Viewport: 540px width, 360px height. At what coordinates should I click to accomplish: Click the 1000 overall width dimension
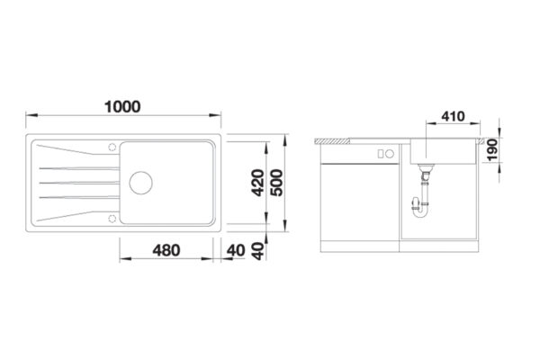[122, 107]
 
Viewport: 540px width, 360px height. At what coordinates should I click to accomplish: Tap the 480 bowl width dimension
[166, 250]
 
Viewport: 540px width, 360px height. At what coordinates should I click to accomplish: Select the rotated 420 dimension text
[258, 183]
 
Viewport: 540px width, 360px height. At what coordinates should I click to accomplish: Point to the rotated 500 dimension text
[276, 183]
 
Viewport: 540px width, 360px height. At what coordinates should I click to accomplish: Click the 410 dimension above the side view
[453, 116]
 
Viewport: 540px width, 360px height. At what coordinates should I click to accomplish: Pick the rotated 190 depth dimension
[492, 150]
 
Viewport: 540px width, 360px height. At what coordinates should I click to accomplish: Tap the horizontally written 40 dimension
[236, 250]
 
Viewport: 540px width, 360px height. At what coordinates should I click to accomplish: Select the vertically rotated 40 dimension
[258, 251]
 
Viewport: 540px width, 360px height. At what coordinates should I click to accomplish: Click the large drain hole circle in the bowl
[141, 183]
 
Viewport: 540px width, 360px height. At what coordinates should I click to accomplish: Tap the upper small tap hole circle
[112, 147]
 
